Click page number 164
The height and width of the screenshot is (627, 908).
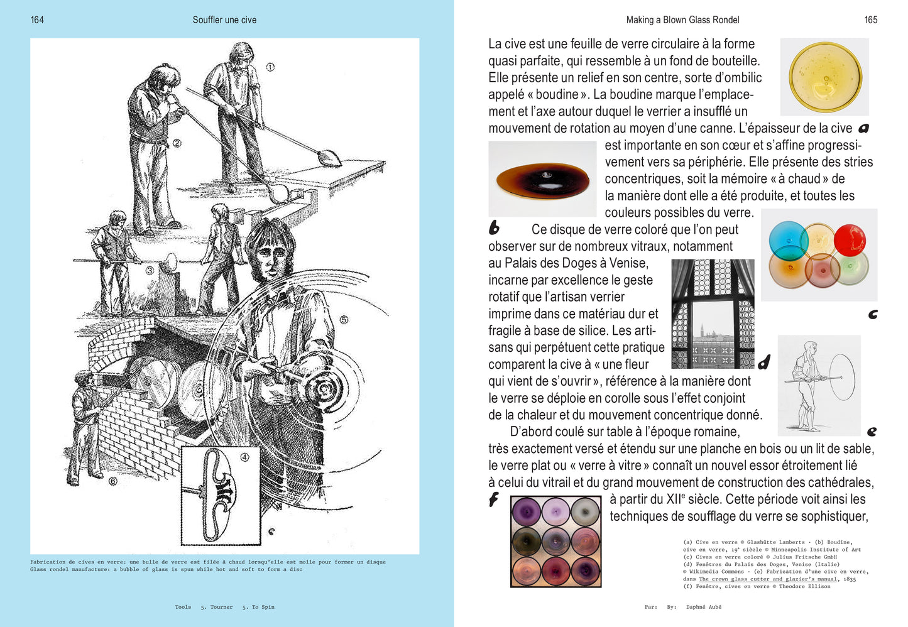click(x=37, y=20)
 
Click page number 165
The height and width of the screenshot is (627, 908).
click(x=870, y=20)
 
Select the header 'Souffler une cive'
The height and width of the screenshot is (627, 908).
click(x=224, y=20)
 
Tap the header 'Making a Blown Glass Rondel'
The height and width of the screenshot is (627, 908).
click(x=682, y=20)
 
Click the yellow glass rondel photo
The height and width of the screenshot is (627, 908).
click(x=824, y=77)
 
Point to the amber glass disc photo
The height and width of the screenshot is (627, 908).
click(x=542, y=179)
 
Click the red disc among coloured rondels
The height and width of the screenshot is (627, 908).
click(x=850, y=239)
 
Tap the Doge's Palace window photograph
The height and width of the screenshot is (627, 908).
click(x=713, y=313)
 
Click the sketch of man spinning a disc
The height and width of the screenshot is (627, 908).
click(x=819, y=385)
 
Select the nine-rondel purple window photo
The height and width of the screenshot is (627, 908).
click(x=555, y=541)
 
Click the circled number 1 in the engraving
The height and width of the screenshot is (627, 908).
click(x=270, y=67)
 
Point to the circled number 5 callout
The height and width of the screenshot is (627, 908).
click(x=344, y=320)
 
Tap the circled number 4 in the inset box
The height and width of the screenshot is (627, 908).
click(x=245, y=457)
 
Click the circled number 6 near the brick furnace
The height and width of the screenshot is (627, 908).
click(x=113, y=481)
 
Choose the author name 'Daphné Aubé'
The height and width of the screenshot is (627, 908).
click(x=704, y=607)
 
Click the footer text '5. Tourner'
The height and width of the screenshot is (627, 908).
click(x=216, y=607)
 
